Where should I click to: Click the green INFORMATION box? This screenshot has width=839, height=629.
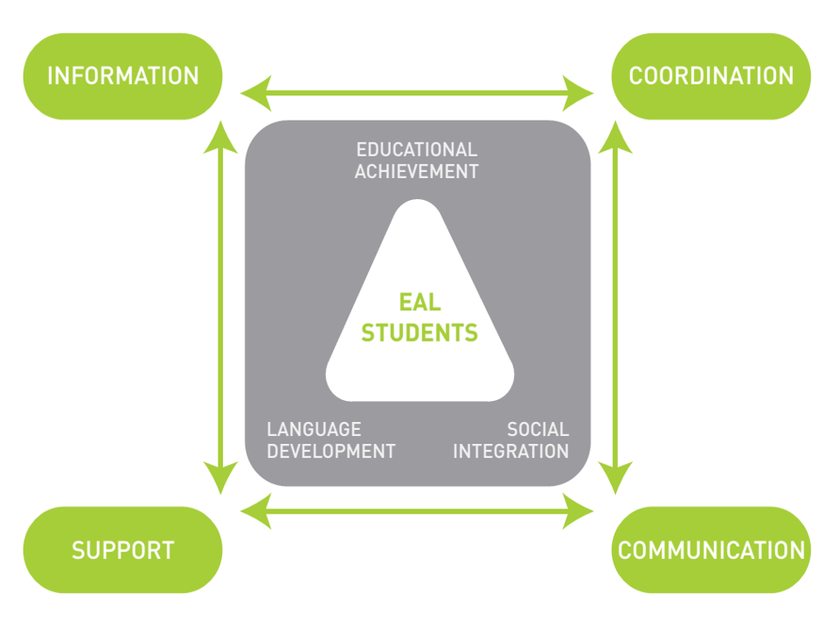click(x=122, y=76)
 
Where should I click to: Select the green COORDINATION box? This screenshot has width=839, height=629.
click(x=711, y=76)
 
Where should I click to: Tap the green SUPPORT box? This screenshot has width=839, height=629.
click(x=122, y=550)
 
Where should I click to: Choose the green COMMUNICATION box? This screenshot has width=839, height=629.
click(x=711, y=550)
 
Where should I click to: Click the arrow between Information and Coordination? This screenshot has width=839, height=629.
click(x=417, y=91)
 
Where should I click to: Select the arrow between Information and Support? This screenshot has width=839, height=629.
click(x=220, y=306)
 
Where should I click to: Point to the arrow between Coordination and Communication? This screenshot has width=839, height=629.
click(x=618, y=306)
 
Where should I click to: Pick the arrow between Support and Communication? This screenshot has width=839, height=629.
click(x=417, y=511)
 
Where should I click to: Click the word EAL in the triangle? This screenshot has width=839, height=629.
click(x=419, y=303)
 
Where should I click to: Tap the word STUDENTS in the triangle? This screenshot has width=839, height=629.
click(x=419, y=333)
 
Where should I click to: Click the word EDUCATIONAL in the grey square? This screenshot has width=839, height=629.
click(x=417, y=150)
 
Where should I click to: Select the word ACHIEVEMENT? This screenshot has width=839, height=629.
click(x=417, y=172)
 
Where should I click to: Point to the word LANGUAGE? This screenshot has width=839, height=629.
click(x=314, y=429)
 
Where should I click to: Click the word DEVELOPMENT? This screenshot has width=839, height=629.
click(x=331, y=452)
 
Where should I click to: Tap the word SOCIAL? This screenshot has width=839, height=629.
click(x=537, y=429)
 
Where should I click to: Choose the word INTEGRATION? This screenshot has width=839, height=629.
click(x=510, y=452)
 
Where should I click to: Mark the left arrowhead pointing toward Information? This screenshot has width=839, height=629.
click(x=253, y=91)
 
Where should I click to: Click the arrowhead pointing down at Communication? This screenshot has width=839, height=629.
click(x=618, y=477)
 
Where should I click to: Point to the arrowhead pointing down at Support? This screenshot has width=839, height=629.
click(x=220, y=477)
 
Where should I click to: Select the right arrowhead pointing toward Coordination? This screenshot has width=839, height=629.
click(x=579, y=91)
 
